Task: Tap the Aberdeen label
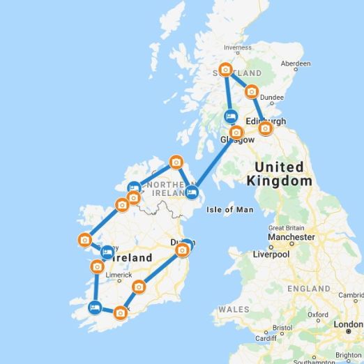coord(295,63)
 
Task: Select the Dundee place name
coord(272,98)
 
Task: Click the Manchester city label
coord(292,237)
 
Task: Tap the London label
coord(347,325)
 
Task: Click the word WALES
coord(234,309)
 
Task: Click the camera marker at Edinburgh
coord(265,128)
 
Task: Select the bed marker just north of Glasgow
coord(231,116)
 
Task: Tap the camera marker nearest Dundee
coord(251,91)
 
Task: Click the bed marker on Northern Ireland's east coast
coord(191,192)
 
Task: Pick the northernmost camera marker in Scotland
coord(225,70)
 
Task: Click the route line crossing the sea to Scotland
coord(213,162)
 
